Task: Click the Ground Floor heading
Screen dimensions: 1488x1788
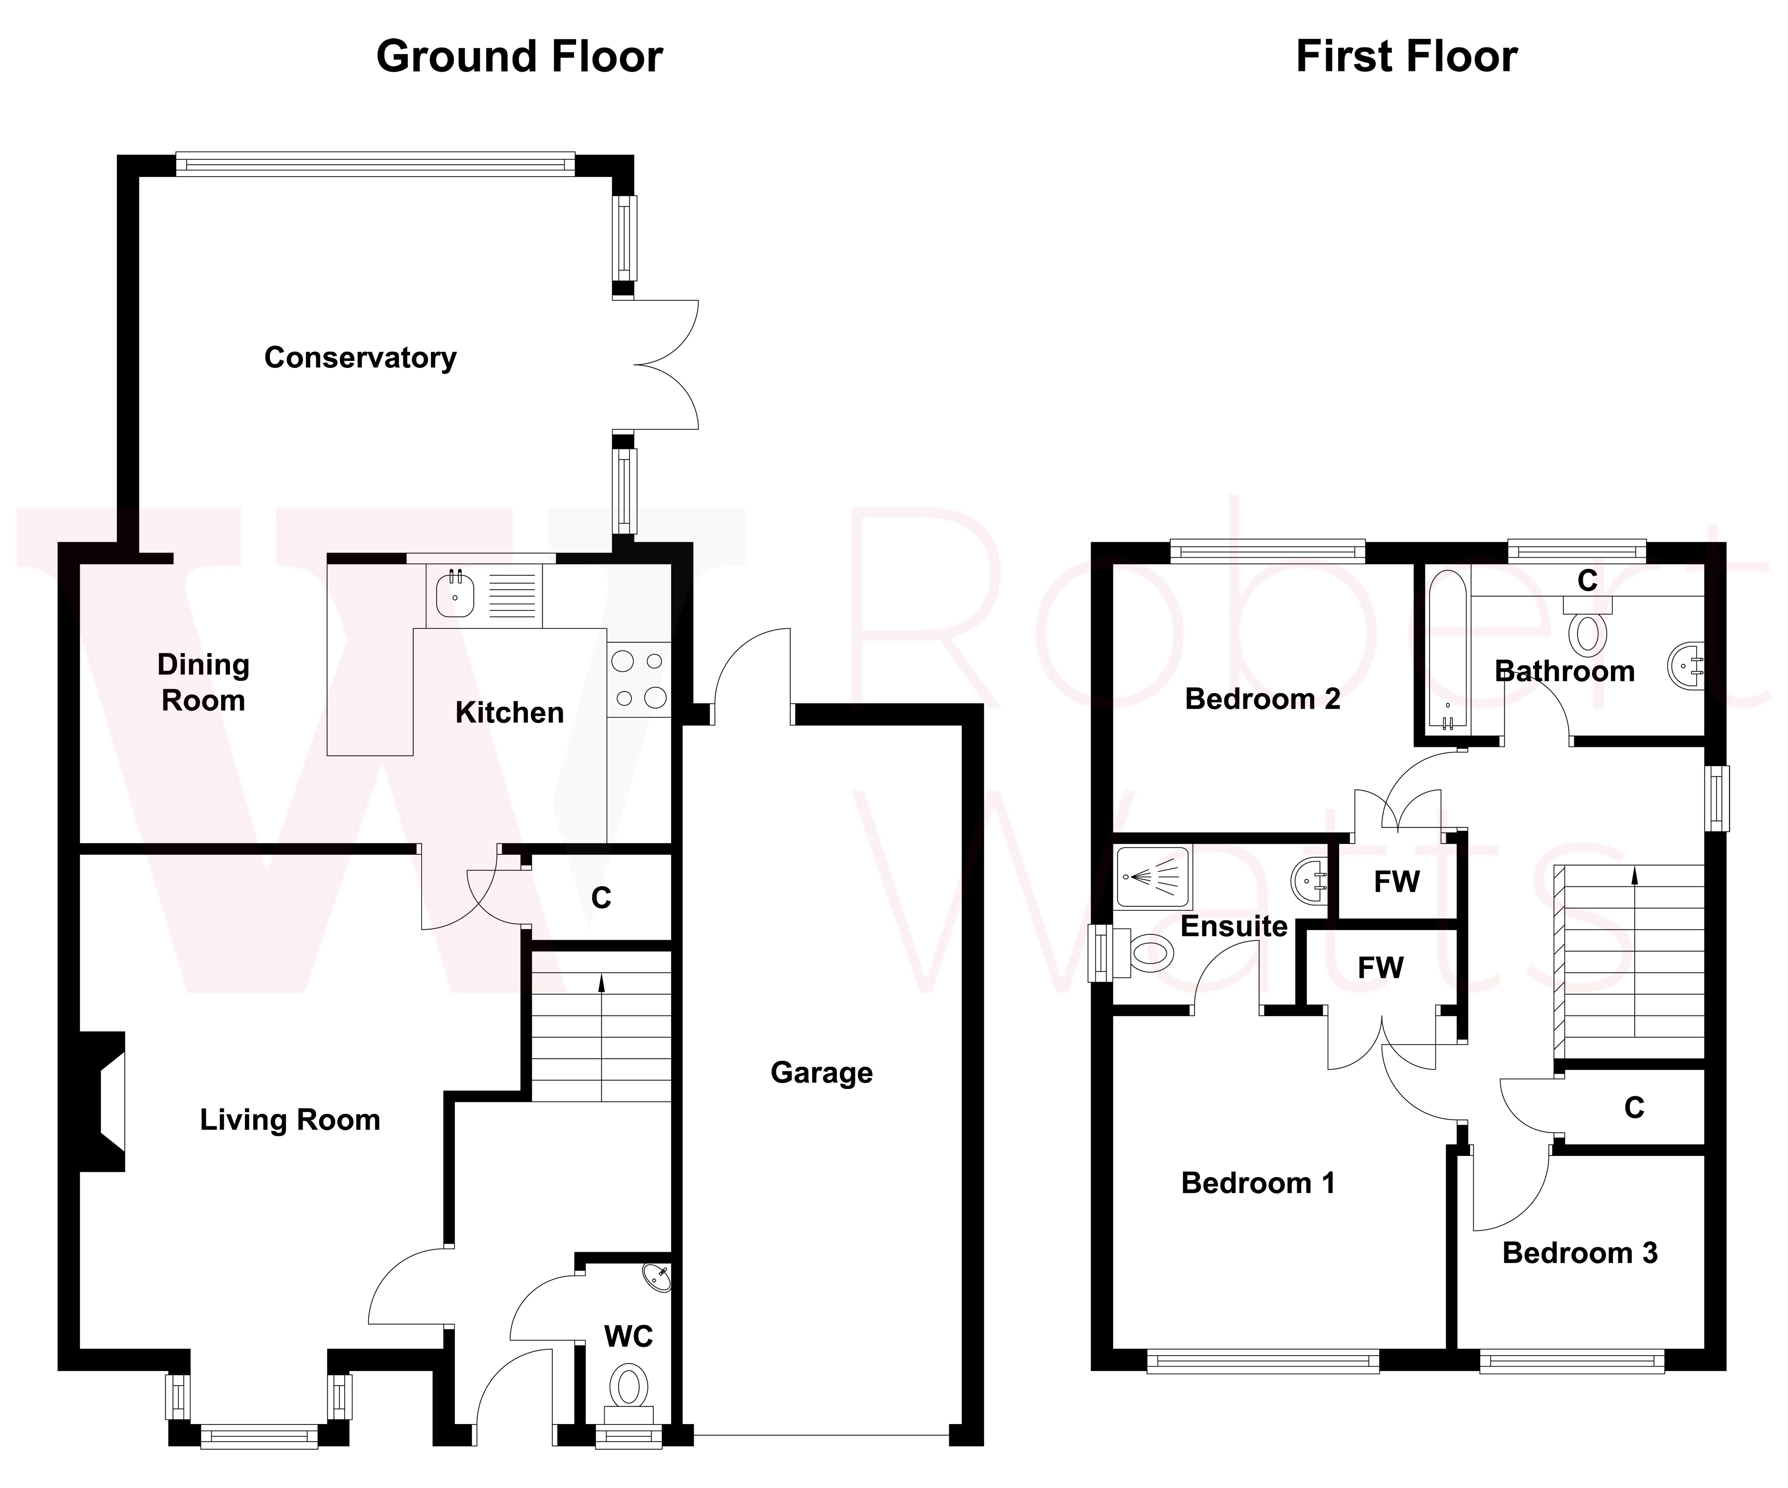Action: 519,57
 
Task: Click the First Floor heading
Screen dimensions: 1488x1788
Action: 1406,57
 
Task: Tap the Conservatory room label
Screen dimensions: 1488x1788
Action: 360,357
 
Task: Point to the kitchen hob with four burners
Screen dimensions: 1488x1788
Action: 639,679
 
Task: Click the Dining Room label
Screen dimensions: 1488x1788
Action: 203,683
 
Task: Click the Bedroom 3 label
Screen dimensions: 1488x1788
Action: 1580,1253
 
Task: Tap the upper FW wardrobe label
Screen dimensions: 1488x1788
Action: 1396,882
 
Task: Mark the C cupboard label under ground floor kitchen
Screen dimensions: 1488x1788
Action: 601,898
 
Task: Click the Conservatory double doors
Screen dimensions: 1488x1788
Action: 664,364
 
